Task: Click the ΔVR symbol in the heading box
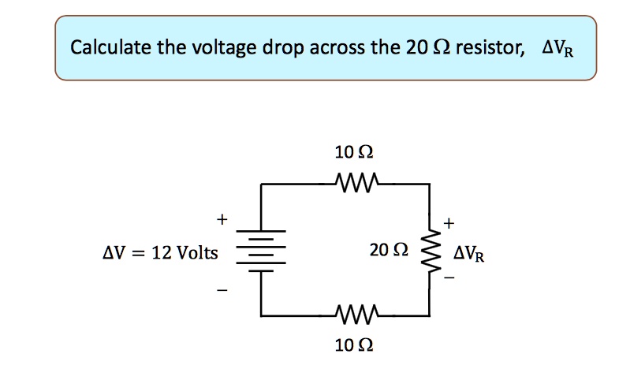[557, 49]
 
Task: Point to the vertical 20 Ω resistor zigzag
[431, 251]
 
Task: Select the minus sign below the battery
[222, 292]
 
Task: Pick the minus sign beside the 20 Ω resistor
[449, 278]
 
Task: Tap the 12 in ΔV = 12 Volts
[162, 253]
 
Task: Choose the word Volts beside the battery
[199, 253]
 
